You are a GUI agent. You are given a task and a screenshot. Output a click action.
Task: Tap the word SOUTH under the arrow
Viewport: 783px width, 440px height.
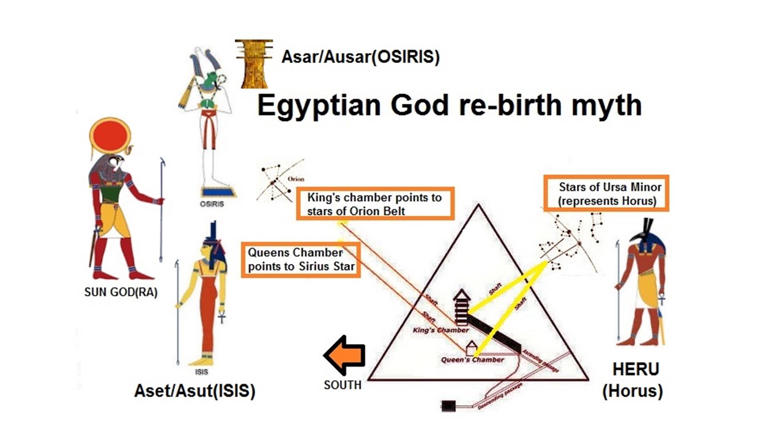click(x=343, y=385)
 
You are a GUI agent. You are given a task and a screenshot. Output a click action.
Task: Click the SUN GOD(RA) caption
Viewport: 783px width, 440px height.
click(x=121, y=292)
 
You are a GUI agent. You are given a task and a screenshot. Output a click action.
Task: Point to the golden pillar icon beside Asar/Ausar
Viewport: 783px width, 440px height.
click(x=253, y=64)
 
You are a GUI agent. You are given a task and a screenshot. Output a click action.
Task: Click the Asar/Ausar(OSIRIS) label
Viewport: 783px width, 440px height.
click(x=360, y=57)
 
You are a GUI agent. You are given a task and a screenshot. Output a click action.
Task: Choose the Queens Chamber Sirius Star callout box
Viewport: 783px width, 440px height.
click(x=302, y=260)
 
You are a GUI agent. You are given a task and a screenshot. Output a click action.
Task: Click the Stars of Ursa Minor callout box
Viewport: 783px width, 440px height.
click(x=606, y=194)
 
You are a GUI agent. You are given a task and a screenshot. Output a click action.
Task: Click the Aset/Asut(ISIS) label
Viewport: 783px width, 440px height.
click(x=195, y=391)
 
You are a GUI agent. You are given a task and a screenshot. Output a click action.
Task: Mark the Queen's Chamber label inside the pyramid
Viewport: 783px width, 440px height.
click(x=472, y=360)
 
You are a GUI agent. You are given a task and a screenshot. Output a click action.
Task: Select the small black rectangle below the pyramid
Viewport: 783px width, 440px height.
click(x=450, y=405)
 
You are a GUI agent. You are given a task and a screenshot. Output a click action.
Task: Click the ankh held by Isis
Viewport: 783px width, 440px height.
click(x=222, y=318)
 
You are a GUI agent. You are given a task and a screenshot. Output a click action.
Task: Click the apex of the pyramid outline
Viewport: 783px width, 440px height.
click(x=478, y=205)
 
